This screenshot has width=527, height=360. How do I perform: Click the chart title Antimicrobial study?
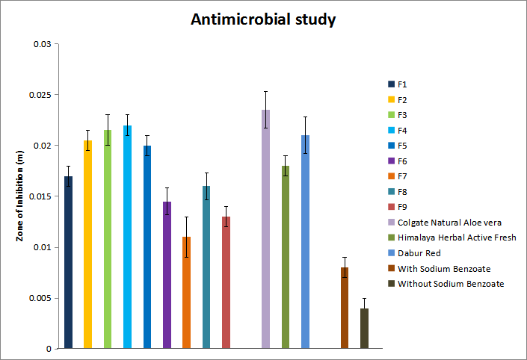point(263,19)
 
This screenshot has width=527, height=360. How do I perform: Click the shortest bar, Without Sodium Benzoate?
point(364,329)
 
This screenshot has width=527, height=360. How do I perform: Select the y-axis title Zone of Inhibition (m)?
point(20,196)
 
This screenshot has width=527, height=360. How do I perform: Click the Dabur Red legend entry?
point(419,253)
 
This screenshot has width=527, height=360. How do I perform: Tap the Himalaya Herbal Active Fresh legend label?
point(456,238)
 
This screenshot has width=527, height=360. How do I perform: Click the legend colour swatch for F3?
point(391,115)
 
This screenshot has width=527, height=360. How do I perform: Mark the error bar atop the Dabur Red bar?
point(305,135)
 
